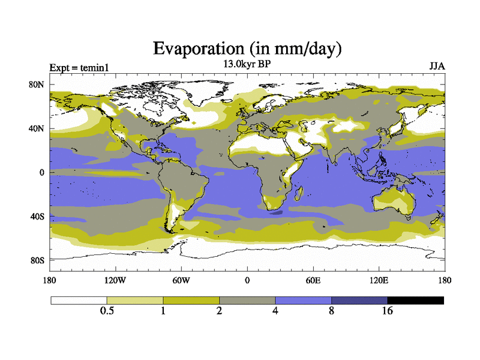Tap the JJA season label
(x=437, y=66)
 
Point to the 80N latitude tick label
(x=37, y=85)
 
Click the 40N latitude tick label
(x=37, y=128)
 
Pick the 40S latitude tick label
(x=37, y=216)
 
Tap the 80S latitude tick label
(x=37, y=260)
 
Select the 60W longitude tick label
(x=181, y=280)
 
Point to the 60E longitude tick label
(x=313, y=280)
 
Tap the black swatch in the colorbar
(x=415, y=300)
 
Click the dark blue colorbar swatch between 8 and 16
(x=359, y=300)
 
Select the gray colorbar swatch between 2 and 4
(x=247, y=300)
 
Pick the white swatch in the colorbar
(x=79, y=300)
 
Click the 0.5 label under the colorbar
(x=107, y=311)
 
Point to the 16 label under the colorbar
(x=388, y=311)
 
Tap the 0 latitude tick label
(x=41, y=172)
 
